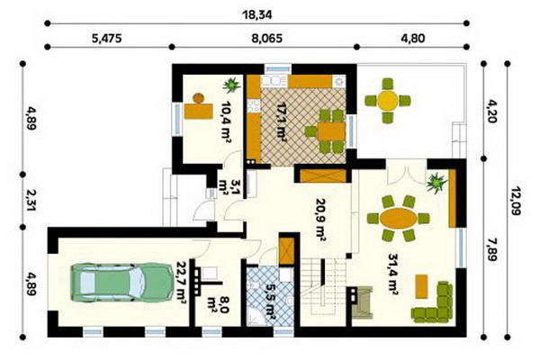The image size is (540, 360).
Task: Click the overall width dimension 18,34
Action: (x=256, y=14)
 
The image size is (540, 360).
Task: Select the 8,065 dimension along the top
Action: (x=267, y=38)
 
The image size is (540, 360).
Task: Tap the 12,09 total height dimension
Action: (x=515, y=202)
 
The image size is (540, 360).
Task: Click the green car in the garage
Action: (x=121, y=283)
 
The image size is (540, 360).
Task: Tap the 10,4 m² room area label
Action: (x=226, y=121)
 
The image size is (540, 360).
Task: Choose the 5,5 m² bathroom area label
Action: (x=269, y=301)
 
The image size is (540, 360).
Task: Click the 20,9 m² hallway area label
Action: (x=321, y=219)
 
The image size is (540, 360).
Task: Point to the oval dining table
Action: (x=399, y=218)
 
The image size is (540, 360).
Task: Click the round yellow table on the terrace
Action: (x=388, y=101)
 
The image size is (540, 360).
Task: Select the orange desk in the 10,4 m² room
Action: (x=198, y=111)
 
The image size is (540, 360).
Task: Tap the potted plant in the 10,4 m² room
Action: (x=231, y=85)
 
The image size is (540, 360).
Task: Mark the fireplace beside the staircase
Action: (x=363, y=302)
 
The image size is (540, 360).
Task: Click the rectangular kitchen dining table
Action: (x=331, y=131)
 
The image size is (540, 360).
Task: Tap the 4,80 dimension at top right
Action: (x=413, y=38)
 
